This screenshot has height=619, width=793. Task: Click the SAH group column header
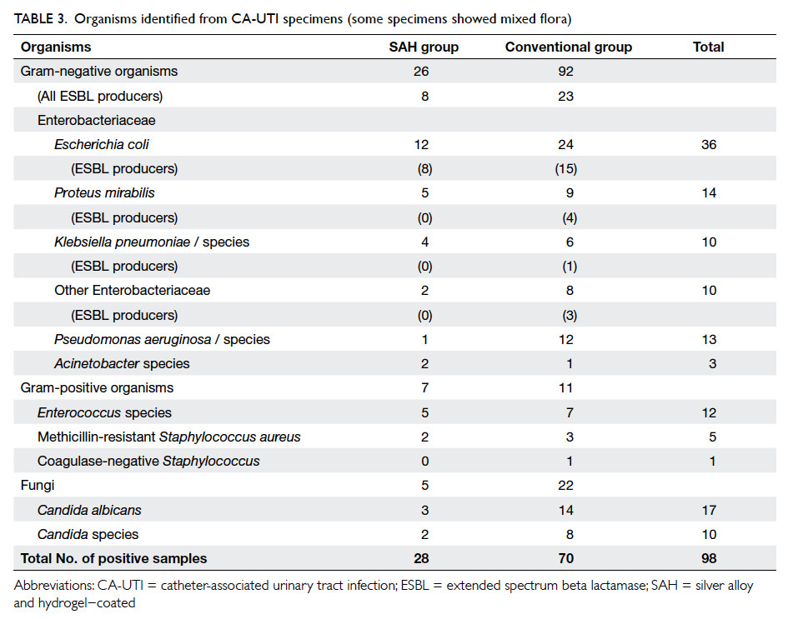(x=424, y=47)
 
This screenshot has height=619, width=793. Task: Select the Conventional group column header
(x=569, y=47)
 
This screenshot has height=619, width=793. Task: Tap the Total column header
(x=708, y=47)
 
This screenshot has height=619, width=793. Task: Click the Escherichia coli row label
(x=102, y=144)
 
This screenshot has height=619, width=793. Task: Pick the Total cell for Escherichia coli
(x=709, y=144)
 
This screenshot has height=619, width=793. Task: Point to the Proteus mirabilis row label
(x=104, y=193)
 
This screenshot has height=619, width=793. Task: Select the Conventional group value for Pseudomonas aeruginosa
(x=566, y=340)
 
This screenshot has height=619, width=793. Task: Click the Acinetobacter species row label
(x=122, y=364)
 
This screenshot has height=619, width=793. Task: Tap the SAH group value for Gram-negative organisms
(x=421, y=72)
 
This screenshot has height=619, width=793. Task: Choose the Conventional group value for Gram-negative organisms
(x=565, y=72)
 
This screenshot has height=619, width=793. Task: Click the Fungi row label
(x=38, y=486)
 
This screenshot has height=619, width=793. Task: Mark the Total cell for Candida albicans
(x=709, y=511)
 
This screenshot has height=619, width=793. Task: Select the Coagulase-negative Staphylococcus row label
(x=148, y=462)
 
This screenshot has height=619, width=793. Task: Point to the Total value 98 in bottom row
(x=709, y=558)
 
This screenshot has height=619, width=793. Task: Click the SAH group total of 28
(x=421, y=558)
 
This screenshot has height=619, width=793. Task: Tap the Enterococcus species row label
(x=104, y=413)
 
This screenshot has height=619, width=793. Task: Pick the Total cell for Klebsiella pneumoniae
(x=709, y=242)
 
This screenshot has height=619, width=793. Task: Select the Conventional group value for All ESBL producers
(x=565, y=97)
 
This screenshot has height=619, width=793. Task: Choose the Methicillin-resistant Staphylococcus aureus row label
(x=169, y=437)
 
